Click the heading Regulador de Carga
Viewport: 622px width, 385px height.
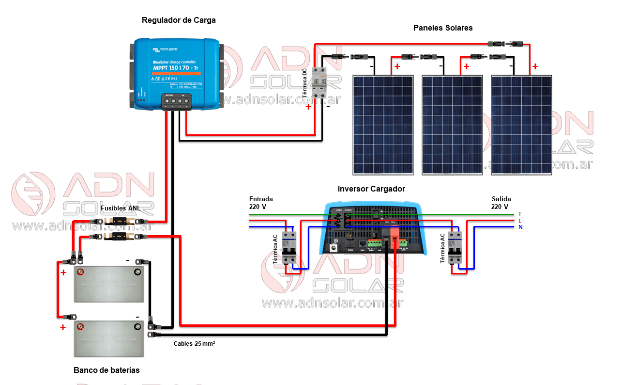click(179, 20)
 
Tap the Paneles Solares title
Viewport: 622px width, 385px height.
click(442, 28)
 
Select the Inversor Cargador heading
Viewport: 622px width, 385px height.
click(371, 189)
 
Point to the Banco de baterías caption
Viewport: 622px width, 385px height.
click(106, 370)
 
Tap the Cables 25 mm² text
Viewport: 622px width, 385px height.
click(194, 344)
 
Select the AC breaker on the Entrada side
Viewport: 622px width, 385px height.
click(289, 247)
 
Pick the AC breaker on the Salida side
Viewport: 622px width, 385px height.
click(455, 247)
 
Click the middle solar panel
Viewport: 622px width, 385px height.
click(452, 125)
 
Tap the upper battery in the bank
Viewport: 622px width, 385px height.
click(109, 283)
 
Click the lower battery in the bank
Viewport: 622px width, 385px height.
click(109, 338)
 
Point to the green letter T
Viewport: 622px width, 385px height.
click(520, 214)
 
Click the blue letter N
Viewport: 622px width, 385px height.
click(520, 227)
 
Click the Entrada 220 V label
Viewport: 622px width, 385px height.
click(261, 203)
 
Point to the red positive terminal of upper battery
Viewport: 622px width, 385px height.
click(81, 272)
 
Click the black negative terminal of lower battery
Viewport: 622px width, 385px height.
click(137, 327)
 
